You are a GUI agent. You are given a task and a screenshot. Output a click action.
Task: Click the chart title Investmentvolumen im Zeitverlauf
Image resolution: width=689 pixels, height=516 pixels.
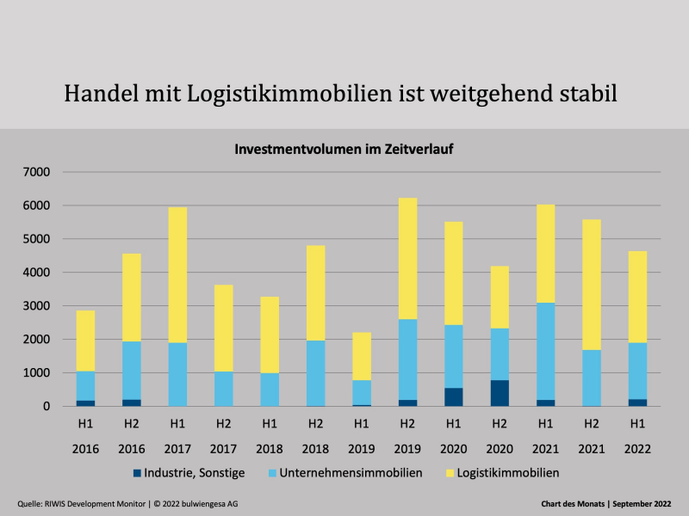pos(344,149)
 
